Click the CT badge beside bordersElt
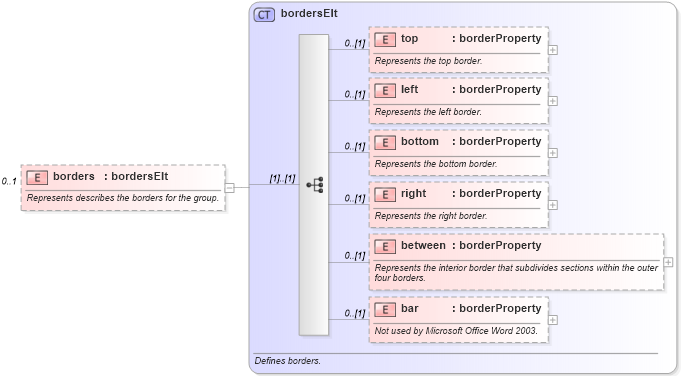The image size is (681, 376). pos(264,15)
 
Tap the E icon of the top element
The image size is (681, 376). pos(385,39)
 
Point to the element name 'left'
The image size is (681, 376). pos(410,89)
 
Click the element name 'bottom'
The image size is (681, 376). pos(420,141)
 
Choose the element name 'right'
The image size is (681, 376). pos(413,193)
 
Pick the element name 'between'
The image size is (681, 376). pos(424,245)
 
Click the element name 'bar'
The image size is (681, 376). pos(409,308)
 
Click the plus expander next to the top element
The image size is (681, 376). pos(553,49)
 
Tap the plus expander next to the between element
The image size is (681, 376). pos(669,262)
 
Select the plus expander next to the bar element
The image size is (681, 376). pos(553,320)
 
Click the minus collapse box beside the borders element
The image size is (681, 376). pos(230,186)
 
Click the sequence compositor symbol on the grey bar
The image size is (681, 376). pos(314,185)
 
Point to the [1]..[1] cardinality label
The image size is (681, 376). pos(282,178)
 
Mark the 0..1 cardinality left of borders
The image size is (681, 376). pos(10,181)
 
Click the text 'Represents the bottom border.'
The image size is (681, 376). pos(435,163)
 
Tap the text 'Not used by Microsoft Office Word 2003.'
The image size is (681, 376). pos(456,330)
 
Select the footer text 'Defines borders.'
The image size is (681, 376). pos(288,360)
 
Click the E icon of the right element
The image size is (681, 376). pos(385,193)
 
